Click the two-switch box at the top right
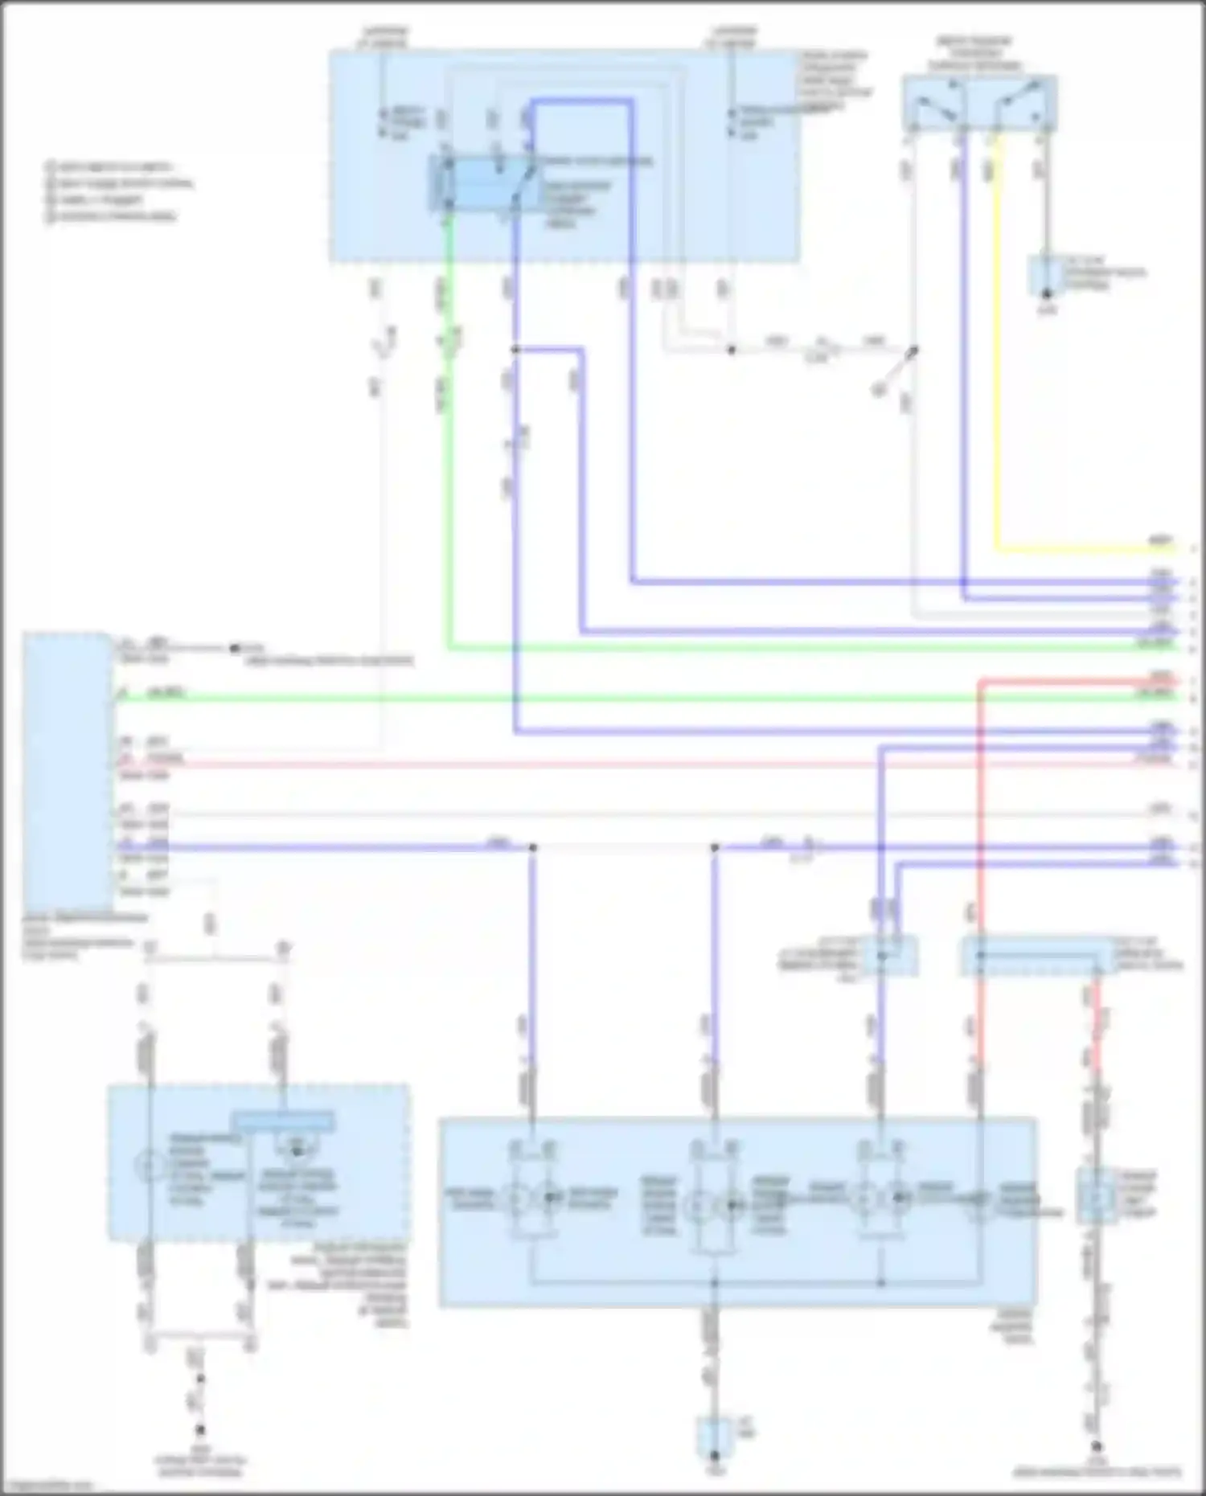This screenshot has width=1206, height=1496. coord(979,102)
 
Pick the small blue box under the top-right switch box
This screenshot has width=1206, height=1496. coord(1046,276)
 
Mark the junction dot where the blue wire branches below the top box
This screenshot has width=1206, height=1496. coord(515,350)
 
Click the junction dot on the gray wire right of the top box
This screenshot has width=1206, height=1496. coord(731,350)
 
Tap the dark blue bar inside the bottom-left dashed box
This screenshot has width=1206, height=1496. coord(282,1121)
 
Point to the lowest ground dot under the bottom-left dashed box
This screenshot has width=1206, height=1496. coord(200,1429)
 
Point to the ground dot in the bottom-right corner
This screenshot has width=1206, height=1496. coord(1096,1445)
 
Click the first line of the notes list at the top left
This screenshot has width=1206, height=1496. coord(113,167)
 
